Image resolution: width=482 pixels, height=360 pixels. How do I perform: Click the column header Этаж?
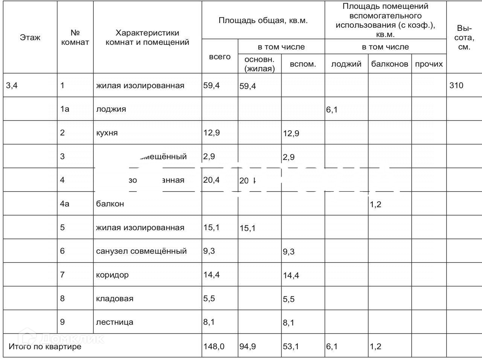(30, 37)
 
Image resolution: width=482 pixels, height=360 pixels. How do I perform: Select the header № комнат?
(75, 37)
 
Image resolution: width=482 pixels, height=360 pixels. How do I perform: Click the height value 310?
(456, 85)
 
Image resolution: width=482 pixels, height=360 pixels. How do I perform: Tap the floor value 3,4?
(12, 85)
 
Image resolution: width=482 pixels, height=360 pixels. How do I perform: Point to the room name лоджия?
(111, 109)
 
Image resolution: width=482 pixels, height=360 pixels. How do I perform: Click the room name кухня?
(107, 133)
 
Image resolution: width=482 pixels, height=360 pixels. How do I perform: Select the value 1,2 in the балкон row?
(375, 204)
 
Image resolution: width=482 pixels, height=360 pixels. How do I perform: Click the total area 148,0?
(214, 346)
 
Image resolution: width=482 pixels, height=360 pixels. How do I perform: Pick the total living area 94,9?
(247, 346)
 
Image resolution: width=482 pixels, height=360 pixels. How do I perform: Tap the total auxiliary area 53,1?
(291, 346)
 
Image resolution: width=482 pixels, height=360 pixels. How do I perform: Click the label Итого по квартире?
(45, 346)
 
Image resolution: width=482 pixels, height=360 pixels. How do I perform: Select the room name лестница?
(114, 322)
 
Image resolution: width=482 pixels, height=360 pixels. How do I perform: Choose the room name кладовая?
(114, 299)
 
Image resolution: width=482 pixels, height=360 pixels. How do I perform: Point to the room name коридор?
(112, 275)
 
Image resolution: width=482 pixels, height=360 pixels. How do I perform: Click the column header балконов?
(389, 64)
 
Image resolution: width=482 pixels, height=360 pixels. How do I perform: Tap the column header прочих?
(429, 64)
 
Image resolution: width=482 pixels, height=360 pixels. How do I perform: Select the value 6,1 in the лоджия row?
(332, 110)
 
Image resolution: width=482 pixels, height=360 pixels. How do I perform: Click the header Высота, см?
(464, 38)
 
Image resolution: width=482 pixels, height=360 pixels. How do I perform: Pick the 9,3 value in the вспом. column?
(289, 252)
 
